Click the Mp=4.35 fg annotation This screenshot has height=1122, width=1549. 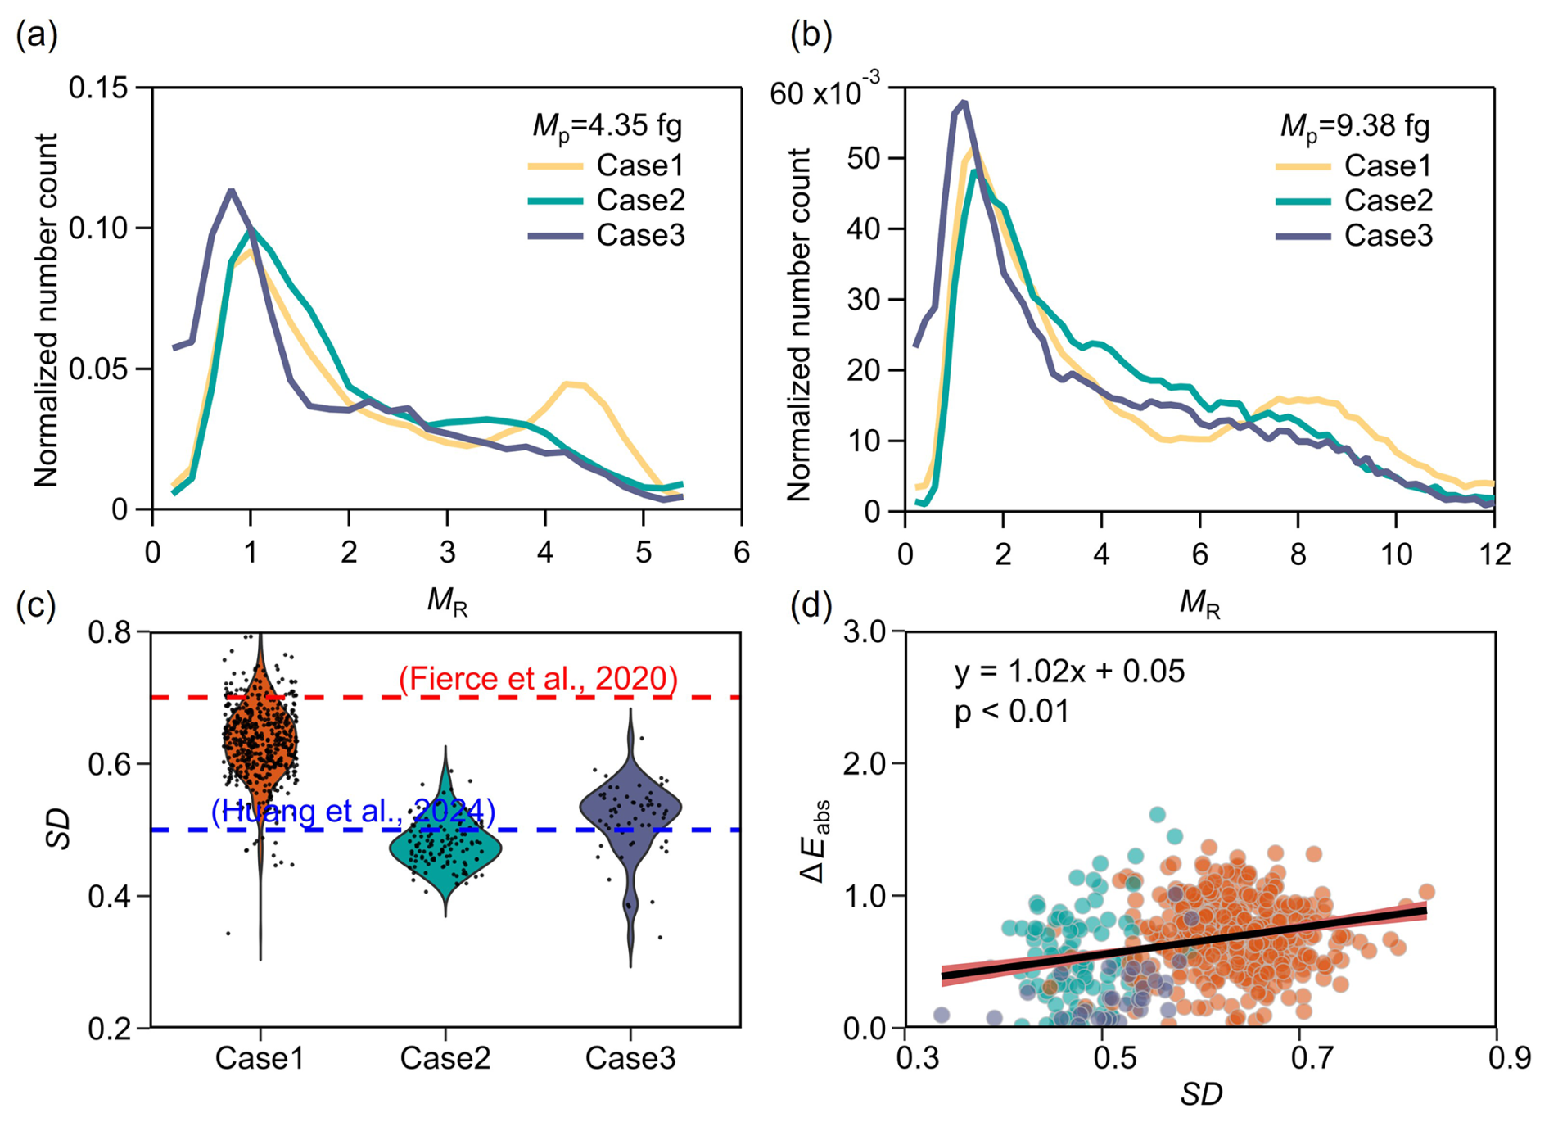coord(607,126)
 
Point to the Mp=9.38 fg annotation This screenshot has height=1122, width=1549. coord(1355,126)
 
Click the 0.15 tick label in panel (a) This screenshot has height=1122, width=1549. coord(98,88)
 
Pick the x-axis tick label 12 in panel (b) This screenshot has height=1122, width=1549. coord(1494,555)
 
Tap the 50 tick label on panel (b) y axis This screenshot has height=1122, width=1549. coord(865,158)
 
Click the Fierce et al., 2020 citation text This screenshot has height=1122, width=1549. coord(538,679)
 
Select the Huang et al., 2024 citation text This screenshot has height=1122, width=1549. coord(353,811)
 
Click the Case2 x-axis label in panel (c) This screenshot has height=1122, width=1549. coord(445,1058)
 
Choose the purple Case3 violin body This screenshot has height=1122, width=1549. coord(630,811)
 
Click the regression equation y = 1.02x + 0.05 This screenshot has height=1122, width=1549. coord(1069,672)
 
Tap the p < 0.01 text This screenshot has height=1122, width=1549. coord(1012,711)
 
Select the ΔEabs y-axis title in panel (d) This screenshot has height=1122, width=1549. coord(815,840)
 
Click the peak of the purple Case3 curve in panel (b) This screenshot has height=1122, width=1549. coord(964,102)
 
